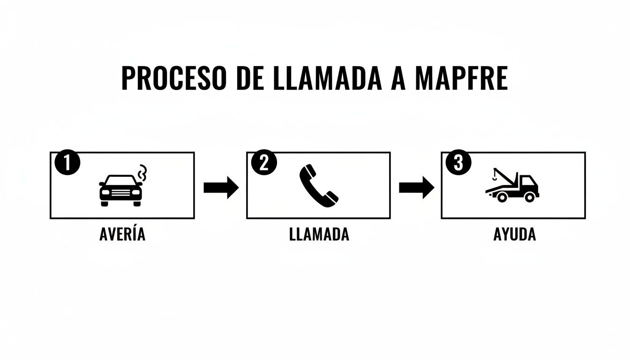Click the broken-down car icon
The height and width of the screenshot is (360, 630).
coord(120,190)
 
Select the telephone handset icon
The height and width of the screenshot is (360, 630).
coord(318,186)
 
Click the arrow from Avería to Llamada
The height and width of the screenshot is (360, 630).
coord(221,188)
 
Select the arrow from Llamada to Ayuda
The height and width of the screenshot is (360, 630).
coord(416,188)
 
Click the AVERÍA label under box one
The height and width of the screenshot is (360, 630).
coord(122,234)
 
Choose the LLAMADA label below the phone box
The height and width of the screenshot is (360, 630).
coord(319,234)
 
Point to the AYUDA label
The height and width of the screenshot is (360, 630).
coord(514,234)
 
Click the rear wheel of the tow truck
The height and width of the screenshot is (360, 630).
coord(529,197)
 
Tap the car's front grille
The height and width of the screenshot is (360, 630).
coord(120,194)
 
